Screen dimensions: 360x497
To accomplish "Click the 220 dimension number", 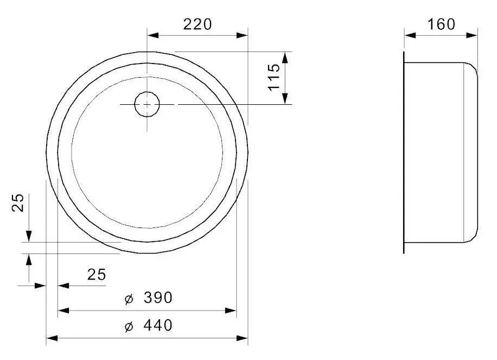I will (197, 24).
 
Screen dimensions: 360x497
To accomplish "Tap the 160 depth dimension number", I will (441, 24).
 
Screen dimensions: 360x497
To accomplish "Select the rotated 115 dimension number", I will (274, 77).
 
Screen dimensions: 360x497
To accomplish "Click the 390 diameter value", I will (158, 298).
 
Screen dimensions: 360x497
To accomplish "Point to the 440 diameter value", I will (158, 326).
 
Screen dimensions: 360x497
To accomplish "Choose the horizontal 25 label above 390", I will (97, 274).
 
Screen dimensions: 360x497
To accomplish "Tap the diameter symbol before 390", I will (129, 298).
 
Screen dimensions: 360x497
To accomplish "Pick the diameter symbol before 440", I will (129, 326).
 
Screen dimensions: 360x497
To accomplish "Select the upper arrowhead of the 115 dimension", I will (284, 57).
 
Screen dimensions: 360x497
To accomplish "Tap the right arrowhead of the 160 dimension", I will (473, 35).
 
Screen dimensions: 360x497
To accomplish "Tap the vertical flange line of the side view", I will (404, 152).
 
